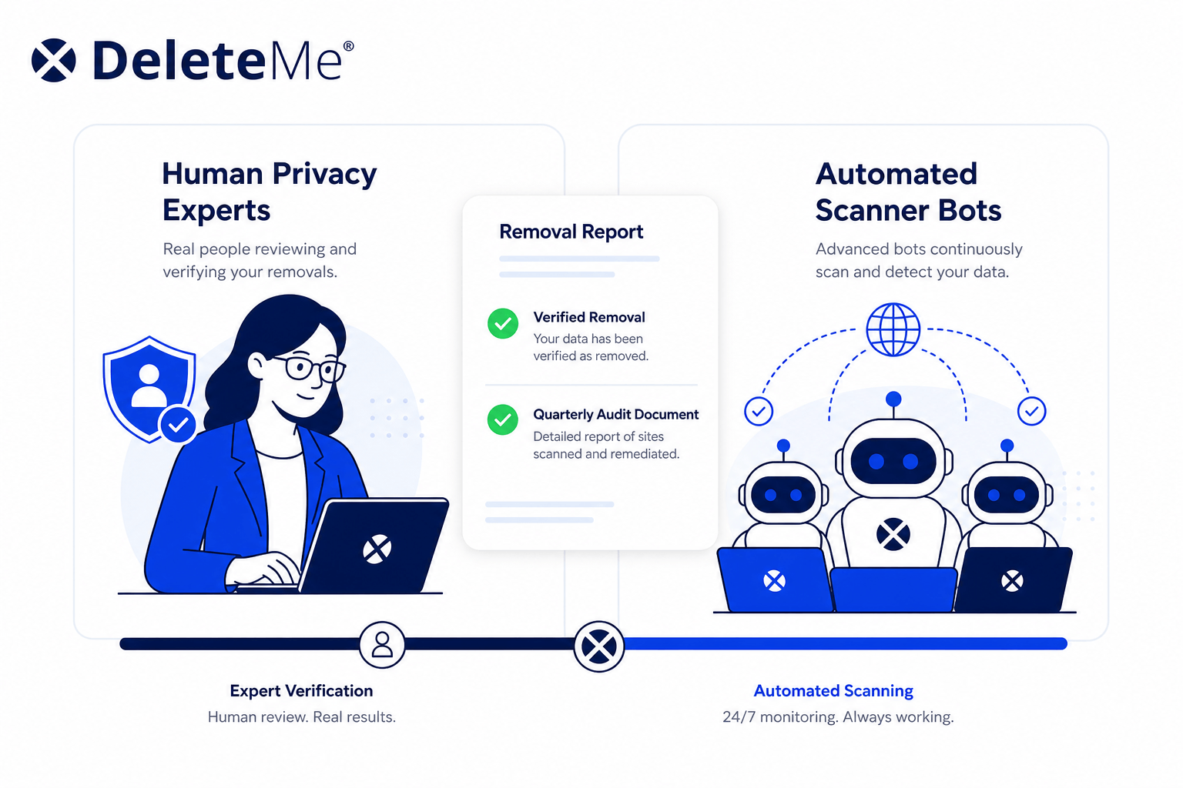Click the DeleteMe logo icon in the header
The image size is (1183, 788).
pyautogui.click(x=53, y=60)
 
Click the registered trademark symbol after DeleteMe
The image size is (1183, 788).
pyautogui.click(x=349, y=46)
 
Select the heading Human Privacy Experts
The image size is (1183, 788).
pyautogui.click(x=270, y=192)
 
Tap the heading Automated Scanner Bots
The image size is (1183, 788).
pyautogui.click(x=908, y=192)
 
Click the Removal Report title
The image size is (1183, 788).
pyautogui.click(x=571, y=232)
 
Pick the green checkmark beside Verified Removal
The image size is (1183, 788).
pyautogui.click(x=503, y=323)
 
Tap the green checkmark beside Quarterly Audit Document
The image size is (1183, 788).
pyautogui.click(x=503, y=420)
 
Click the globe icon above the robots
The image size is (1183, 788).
pyautogui.click(x=893, y=329)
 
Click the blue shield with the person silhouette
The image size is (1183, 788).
pyautogui.click(x=149, y=389)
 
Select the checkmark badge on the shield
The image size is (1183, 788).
pyautogui.click(x=178, y=424)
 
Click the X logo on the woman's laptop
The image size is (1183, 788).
pyautogui.click(x=377, y=549)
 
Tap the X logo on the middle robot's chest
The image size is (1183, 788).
pyautogui.click(x=893, y=534)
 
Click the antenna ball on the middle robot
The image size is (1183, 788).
pyautogui.click(x=893, y=399)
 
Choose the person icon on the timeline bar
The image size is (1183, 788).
pyautogui.click(x=382, y=645)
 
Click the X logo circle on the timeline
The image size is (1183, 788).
pyautogui.click(x=599, y=646)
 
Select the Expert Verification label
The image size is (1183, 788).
pyautogui.click(x=302, y=691)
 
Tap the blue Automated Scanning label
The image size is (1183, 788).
pyautogui.click(x=833, y=691)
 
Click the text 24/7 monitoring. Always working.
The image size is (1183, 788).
pyautogui.click(x=838, y=717)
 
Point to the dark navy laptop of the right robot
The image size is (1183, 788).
pyautogui.click(x=1013, y=579)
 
